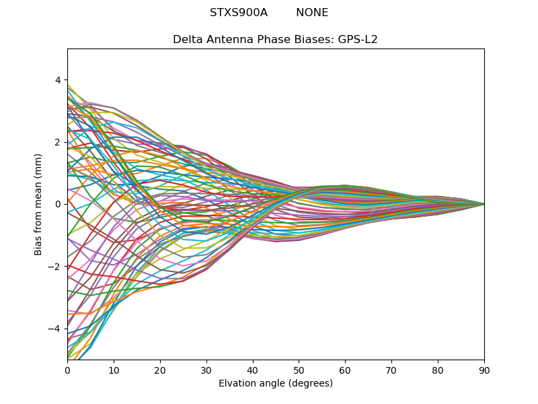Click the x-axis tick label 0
pos(67,370)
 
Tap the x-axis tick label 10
pos(114,370)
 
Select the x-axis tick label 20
pos(160,370)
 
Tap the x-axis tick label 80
pos(438,370)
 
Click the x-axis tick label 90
pos(484,370)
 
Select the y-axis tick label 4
pos(57,80)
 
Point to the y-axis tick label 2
pos(57,142)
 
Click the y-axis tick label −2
pos(54,267)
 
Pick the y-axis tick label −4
pos(54,329)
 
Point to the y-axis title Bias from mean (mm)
pos(38,204)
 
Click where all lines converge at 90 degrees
pos(484,204)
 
